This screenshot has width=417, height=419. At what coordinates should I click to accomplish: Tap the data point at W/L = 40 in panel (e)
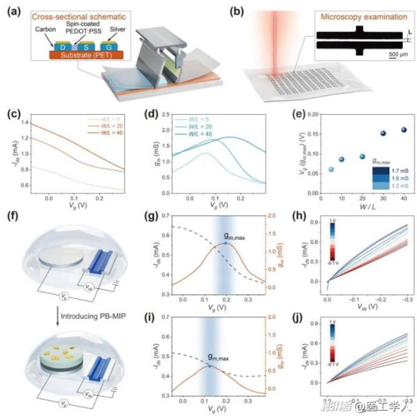386,130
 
